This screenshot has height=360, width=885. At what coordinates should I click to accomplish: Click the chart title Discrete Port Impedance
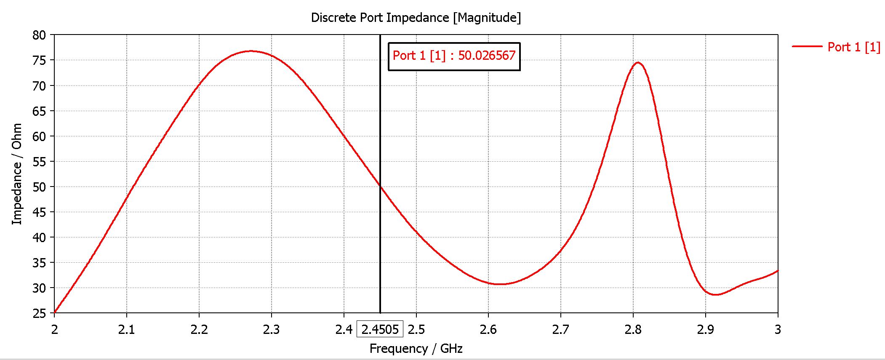click(x=416, y=18)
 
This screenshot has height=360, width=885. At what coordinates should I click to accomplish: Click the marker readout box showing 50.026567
click(x=454, y=56)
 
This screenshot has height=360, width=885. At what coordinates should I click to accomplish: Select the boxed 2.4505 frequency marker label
click(x=380, y=329)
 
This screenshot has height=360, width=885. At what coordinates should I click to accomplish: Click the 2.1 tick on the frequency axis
click(x=127, y=329)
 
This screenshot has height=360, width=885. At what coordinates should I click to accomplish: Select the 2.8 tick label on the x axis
click(x=633, y=329)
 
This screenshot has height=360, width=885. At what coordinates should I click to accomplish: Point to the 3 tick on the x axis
click(x=778, y=329)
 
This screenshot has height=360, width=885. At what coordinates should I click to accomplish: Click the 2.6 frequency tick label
click(x=488, y=329)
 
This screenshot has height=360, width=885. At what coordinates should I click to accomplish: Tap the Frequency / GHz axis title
click(x=416, y=349)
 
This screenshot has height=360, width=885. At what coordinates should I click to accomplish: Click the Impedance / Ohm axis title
click(x=17, y=174)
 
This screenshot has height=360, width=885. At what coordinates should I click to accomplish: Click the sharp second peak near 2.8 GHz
click(x=638, y=63)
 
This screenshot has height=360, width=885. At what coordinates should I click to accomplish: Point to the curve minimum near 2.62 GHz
click(x=500, y=284)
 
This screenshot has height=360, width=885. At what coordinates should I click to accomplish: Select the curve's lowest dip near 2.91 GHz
click(x=715, y=295)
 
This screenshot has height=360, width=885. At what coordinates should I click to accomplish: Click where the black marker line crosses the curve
click(x=380, y=186)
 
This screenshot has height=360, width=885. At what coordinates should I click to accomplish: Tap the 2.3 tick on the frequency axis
click(x=272, y=329)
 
